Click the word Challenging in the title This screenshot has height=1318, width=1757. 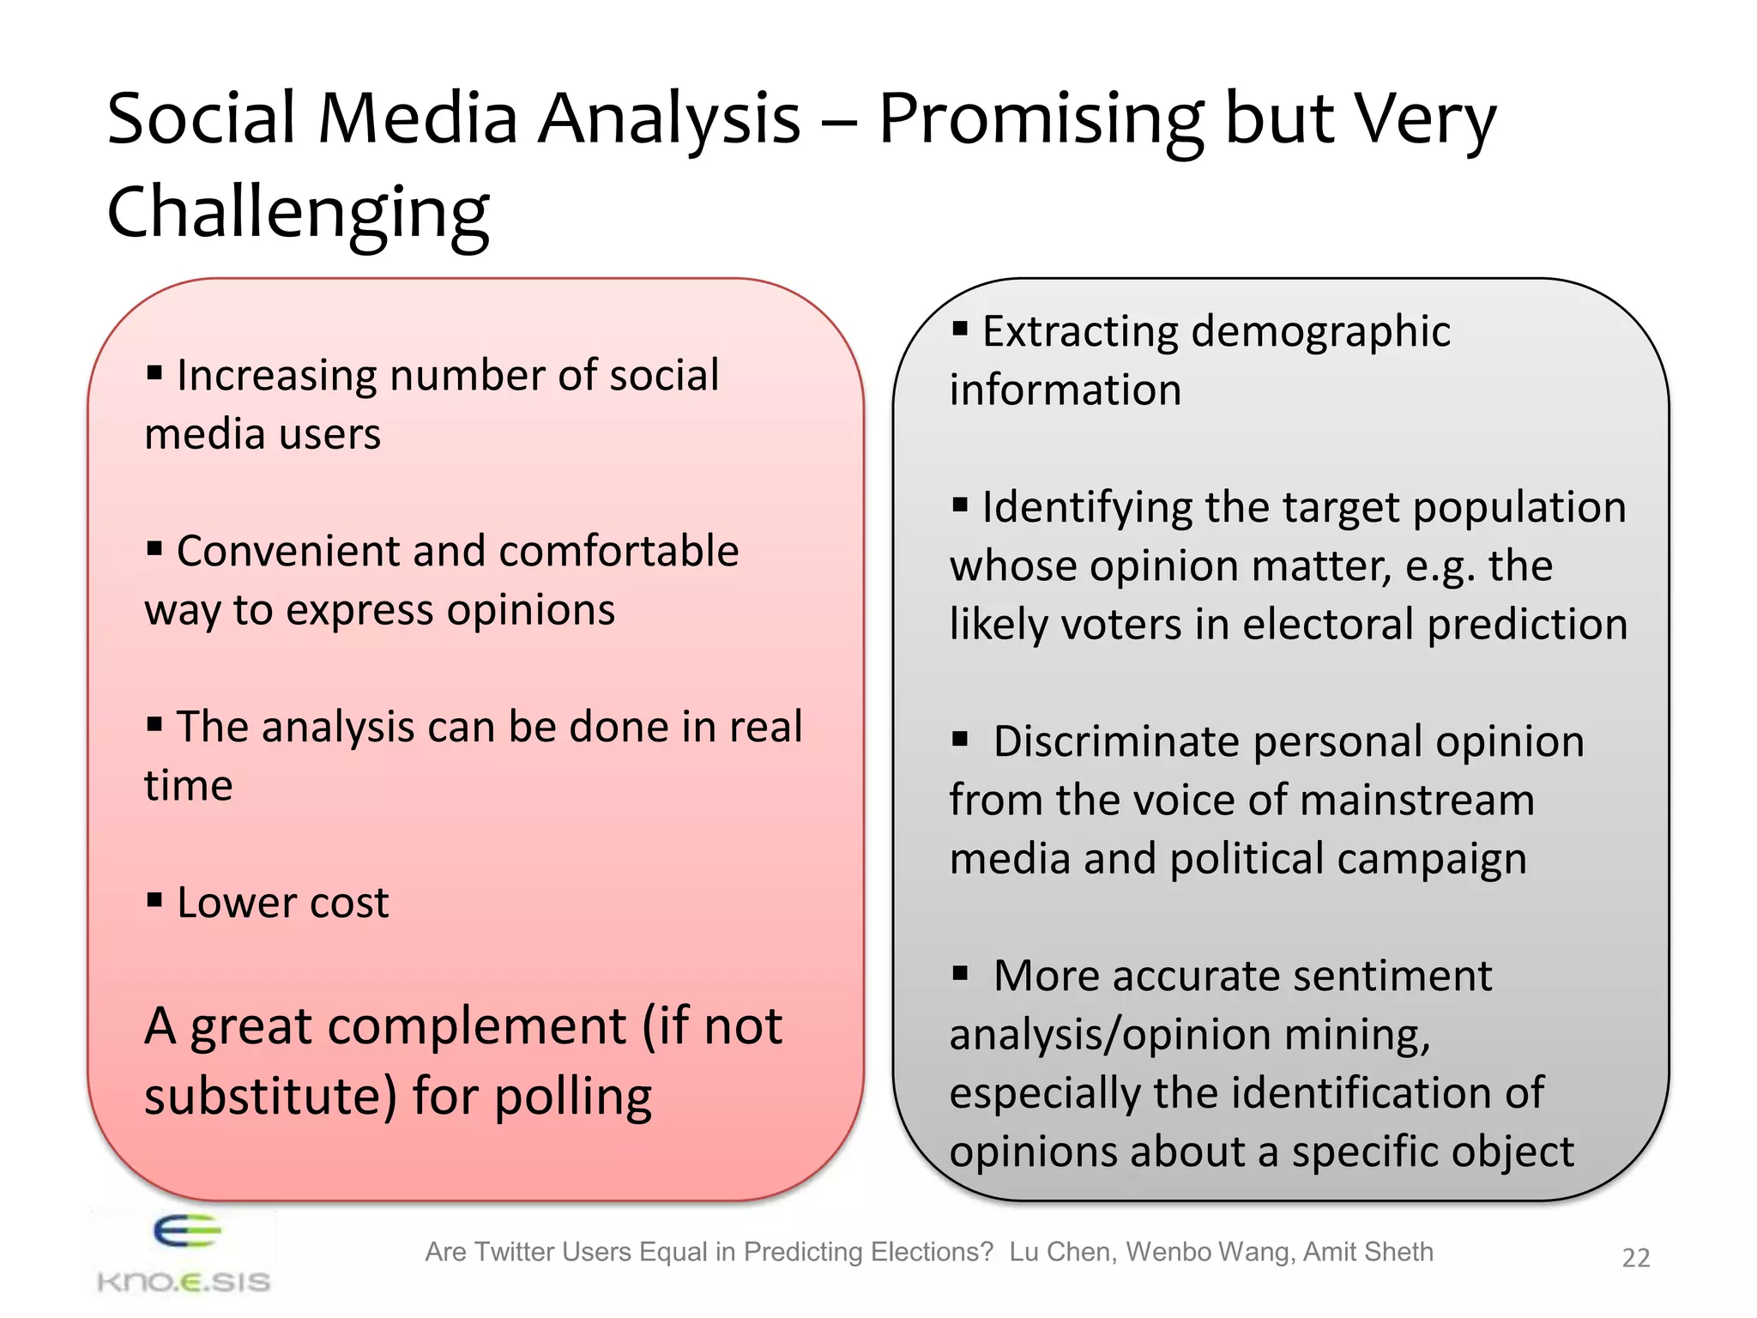pyautogui.click(x=298, y=213)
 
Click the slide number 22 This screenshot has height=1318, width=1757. pyautogui.click(x=1635, y=1257)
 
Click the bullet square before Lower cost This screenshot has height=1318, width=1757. pyautogui.click(x=154, y=900)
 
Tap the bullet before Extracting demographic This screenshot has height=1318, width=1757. pyautogui.click(x=960, y=329)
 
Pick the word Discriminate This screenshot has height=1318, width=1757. pyautogui.click(x=1116, y=741)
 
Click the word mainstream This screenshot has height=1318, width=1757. pyautogui.click(x=1416, y=800)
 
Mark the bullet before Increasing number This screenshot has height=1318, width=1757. pyautogui.click(x=154, y=372)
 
